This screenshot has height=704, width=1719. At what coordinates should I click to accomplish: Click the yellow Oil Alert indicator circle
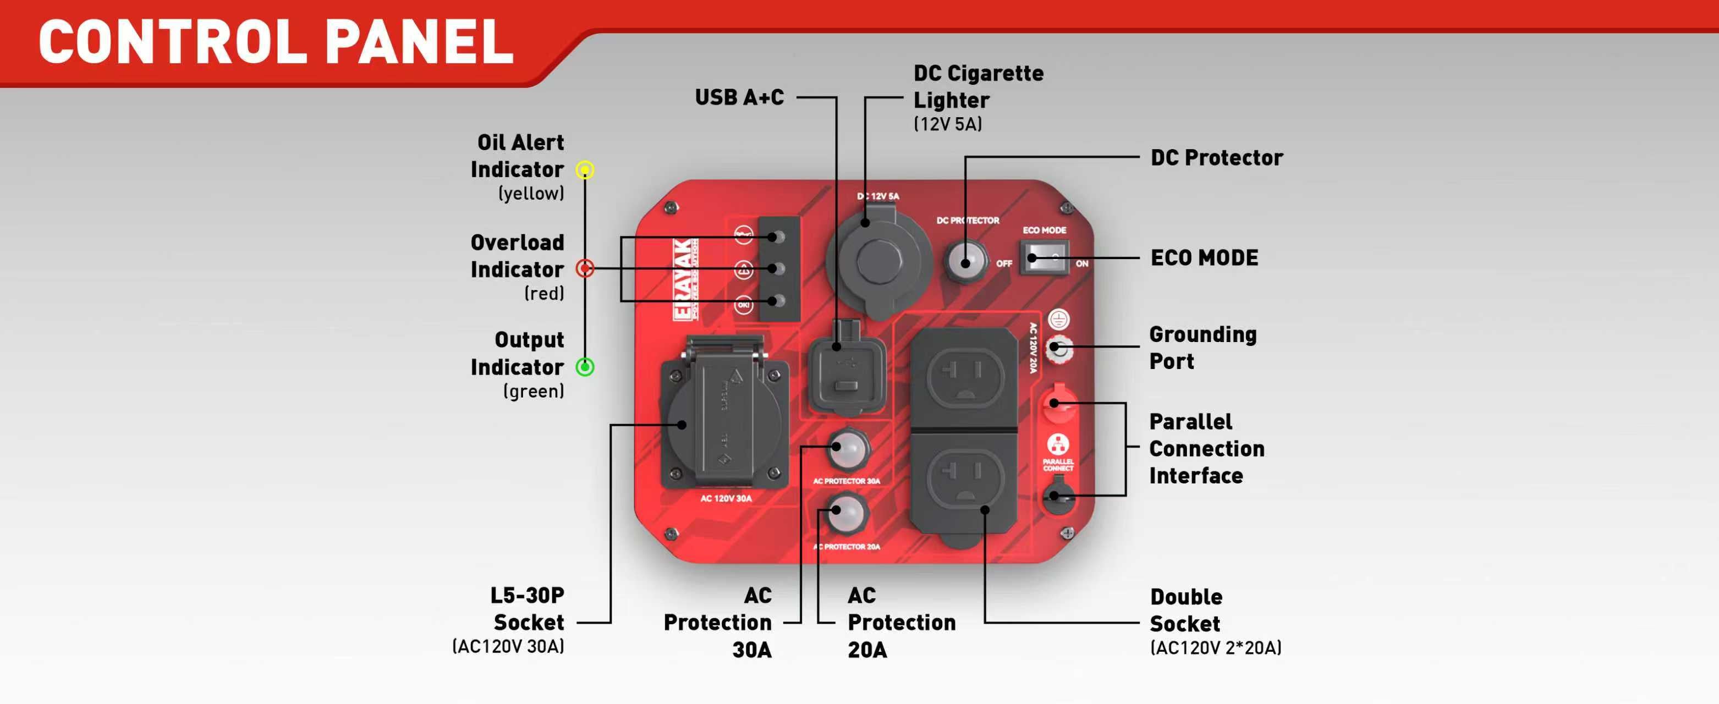tap(585, 170)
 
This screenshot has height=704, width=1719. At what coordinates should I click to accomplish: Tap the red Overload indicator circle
tap(585, 269)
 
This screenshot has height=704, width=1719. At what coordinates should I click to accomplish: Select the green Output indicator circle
tap(585, 367)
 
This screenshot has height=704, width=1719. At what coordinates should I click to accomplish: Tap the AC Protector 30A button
tap(848, 449)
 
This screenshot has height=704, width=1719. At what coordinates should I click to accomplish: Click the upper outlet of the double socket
tap(965, 378)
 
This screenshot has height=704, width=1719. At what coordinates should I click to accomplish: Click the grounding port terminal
tap(1058, 348)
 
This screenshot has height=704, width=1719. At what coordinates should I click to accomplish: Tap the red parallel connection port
tap(1058, 403)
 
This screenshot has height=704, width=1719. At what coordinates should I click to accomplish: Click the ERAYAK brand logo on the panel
tap(685, 279)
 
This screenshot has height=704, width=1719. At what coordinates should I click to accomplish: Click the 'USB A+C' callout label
tap(739, 97)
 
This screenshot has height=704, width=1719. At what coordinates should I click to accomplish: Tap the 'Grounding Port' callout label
tap(1202, 348)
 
